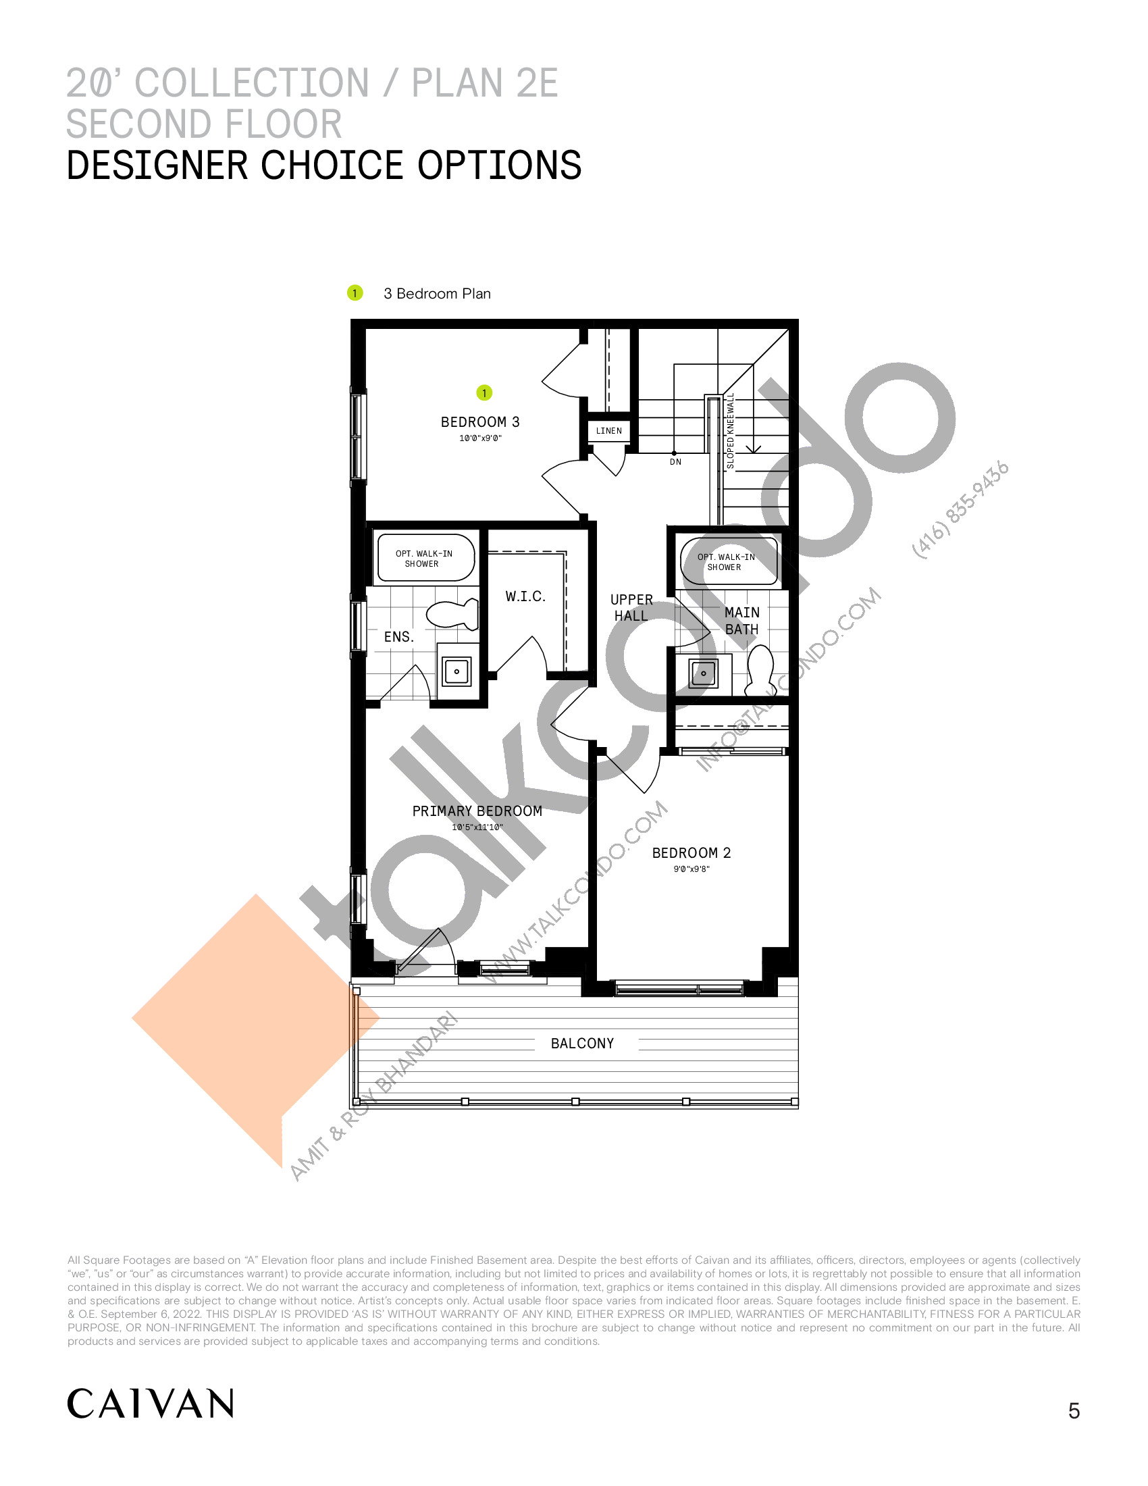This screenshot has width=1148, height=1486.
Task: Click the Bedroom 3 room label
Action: (480, 422)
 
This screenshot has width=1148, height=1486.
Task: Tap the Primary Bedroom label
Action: (477, 811)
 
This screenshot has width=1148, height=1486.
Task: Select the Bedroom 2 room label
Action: (691, 852)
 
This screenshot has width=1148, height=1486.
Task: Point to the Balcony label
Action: (582, 1043)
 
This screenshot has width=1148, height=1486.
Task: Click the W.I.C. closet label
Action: (525, 596)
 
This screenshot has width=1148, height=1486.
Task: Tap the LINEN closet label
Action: (608, 431)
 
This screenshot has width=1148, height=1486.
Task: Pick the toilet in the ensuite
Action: (452, 614)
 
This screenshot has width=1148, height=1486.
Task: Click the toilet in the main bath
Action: (760, 669)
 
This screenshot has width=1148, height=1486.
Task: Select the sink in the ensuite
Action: (456, 671)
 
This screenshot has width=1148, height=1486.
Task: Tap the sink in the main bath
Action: (703, 673)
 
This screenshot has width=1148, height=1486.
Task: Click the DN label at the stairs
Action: (675, 462)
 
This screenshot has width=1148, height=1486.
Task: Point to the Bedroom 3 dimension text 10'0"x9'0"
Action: (480, 438)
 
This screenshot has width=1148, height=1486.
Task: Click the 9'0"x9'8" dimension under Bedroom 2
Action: (691, 869)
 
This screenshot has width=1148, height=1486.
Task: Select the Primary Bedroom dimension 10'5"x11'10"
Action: (477, 827)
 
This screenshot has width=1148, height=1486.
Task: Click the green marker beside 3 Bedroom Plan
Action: (355, 293)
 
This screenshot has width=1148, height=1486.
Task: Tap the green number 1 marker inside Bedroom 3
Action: (484, 392)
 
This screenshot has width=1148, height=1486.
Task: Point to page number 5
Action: (1074, 1410)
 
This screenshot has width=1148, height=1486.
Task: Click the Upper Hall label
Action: (632, 608)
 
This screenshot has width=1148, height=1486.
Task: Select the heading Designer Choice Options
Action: (323, 165)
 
